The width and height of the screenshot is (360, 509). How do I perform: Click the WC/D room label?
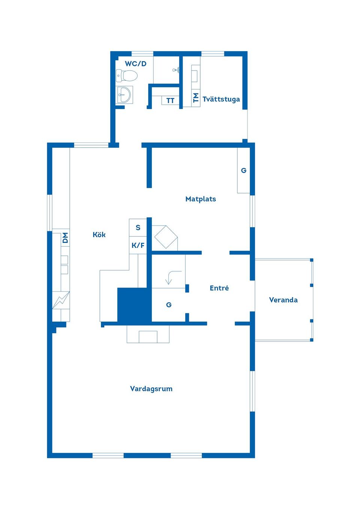135,64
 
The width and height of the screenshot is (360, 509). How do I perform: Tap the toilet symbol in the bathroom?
127,76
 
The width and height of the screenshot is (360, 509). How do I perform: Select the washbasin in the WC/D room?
124,94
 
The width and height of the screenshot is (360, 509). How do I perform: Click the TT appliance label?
170,100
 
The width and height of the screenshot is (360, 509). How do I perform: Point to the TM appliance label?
196,98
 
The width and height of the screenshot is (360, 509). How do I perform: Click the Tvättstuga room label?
221,99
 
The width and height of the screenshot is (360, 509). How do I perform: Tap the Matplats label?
201,199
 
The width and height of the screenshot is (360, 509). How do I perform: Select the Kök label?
99,235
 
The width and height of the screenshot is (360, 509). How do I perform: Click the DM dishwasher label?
65,238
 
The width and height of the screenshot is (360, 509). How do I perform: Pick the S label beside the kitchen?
138,228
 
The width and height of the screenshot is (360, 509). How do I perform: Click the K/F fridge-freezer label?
138,246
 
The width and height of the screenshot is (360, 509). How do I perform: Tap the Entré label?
219,288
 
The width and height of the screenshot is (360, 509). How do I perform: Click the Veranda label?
283,300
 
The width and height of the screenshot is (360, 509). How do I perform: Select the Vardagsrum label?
151,389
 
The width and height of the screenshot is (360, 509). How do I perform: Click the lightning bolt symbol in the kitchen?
61,300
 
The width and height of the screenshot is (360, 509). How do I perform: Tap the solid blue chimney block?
134,305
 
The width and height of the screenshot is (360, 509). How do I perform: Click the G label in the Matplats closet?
244,170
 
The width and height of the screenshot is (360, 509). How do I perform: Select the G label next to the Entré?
169,305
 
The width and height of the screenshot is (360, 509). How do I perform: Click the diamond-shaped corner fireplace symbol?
166,237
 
